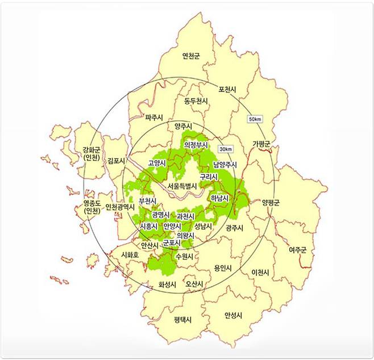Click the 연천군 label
190,56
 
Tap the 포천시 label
227,90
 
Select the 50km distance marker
255,119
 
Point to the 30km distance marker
225,149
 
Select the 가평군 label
261,143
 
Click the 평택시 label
183,320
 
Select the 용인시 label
223,267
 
